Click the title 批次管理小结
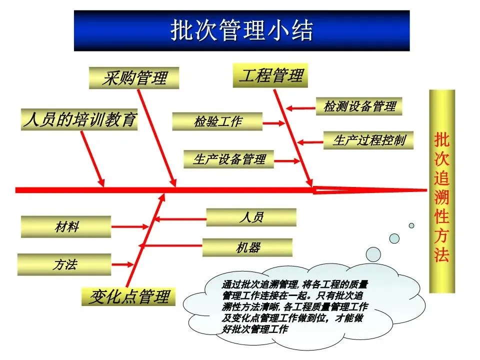241,31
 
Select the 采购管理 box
134,78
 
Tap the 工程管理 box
270,75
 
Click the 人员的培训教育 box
79,120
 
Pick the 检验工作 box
217,121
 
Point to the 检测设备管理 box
359,106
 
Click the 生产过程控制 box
369,140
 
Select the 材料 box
66,227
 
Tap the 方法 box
64,264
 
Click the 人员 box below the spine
251,217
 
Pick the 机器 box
247,247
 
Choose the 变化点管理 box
128,296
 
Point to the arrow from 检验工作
273,122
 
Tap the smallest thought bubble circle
411,225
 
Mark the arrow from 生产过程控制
310,141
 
